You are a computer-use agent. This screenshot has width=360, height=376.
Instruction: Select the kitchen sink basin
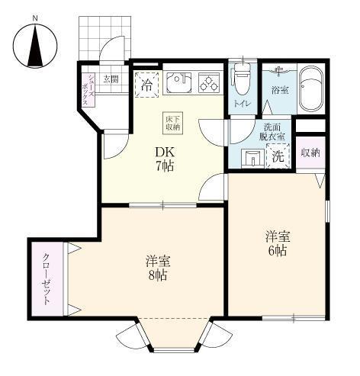pos(178,82)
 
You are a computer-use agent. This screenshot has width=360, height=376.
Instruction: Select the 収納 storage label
pos(310,153)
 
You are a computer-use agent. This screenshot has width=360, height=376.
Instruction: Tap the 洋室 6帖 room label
pos(276,243)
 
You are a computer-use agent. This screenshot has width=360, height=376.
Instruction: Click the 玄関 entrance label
pos(111,79)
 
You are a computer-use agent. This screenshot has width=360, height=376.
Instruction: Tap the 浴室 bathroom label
pos(278,91)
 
